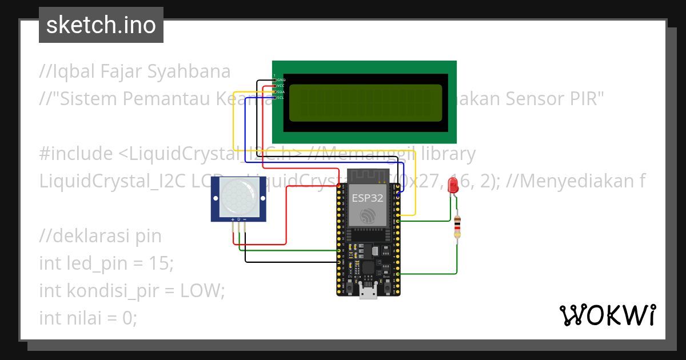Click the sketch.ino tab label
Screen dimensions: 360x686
101,25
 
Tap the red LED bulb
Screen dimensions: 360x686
453,185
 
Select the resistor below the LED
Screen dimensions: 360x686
457,227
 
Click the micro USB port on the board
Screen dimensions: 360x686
368,293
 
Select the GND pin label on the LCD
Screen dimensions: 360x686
281,80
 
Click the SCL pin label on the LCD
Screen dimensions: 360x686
281,98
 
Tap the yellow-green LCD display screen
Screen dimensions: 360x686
366,103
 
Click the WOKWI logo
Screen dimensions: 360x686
607,315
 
